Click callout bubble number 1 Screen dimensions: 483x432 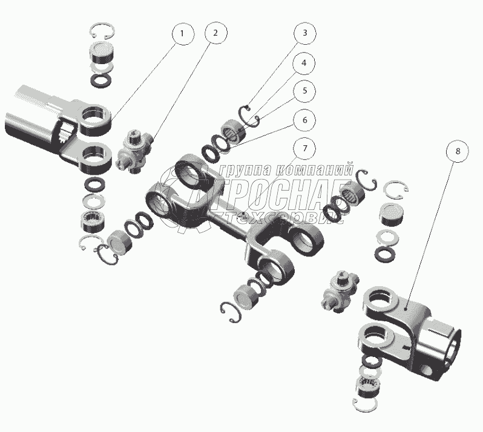[x=183, y=33]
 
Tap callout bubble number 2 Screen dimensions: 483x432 [x=215, y=33]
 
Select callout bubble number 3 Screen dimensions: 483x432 [x=305, y=32]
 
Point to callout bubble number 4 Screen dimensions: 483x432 [x=304, y=63]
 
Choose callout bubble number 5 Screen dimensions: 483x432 [x=305, y=91]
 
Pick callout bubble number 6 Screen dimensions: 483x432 [x=304, y=120]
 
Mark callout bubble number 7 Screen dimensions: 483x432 [x=304, y=148]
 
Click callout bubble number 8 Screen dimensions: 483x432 [x=458, y=151]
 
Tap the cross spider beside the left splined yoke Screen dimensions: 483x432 [x=134, y=151]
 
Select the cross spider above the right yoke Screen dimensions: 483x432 [x=340, y=291]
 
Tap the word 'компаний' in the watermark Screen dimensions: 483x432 [x=314, y=169]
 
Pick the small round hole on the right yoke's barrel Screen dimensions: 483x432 [x=427, y=370]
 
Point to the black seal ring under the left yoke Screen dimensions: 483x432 [x=95, y=185]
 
